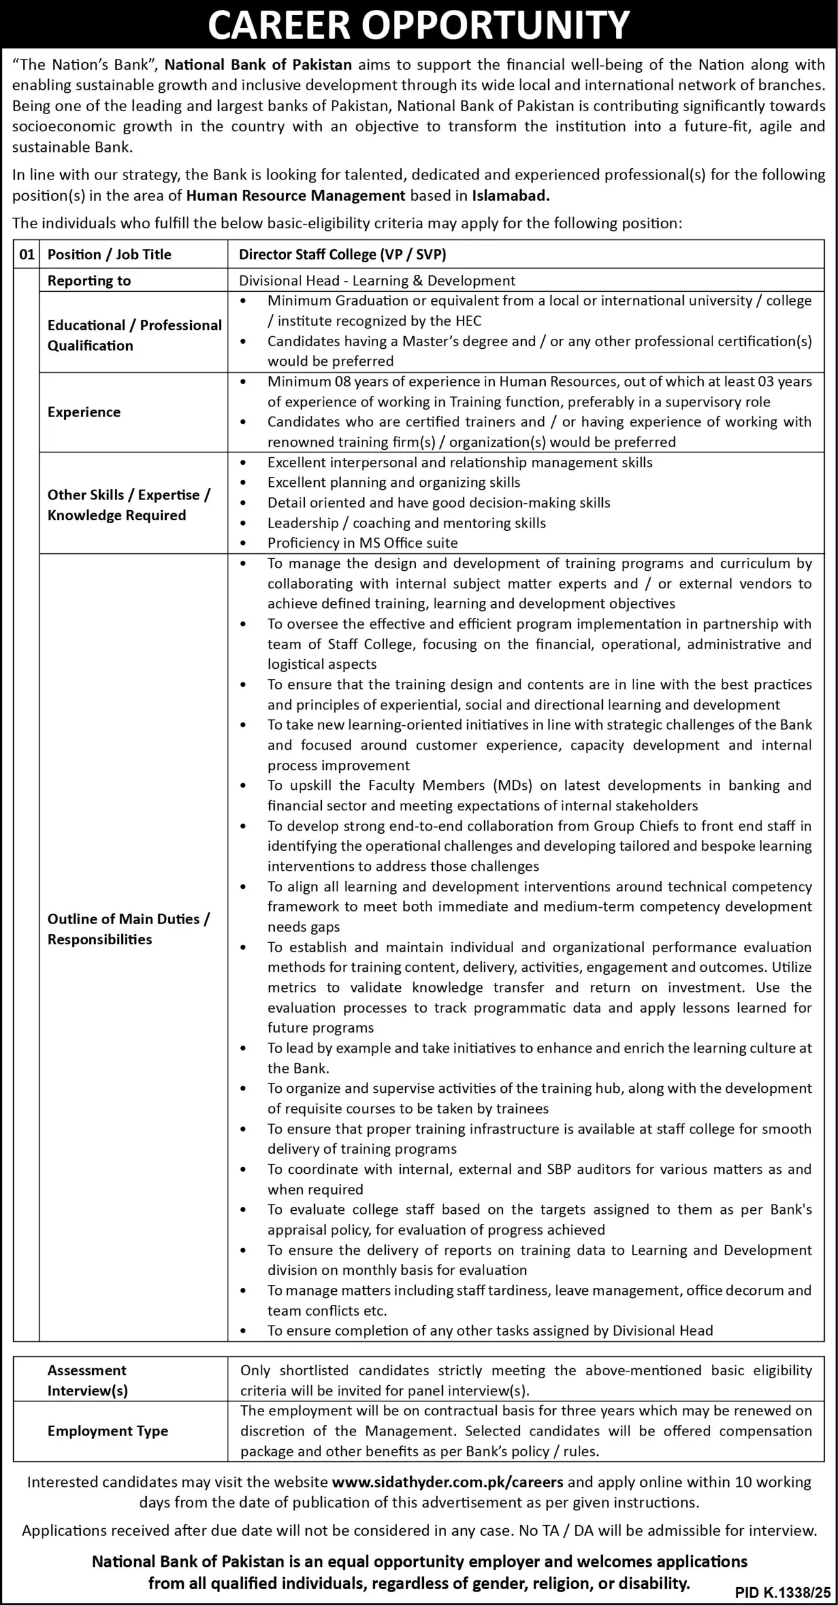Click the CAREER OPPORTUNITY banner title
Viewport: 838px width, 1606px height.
[x=418, y=25]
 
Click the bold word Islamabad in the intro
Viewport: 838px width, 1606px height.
[x=511, y=195]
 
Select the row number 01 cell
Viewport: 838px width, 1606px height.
[x=26, y=254]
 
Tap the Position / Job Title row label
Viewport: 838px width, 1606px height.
[x=109, y=254]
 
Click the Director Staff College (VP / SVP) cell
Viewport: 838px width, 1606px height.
[x=342, y=254]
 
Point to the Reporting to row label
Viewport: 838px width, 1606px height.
[x=89, y=280]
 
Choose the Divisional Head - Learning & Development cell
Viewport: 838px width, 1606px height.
[x=377, y=280]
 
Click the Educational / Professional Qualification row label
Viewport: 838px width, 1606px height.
[x=134, y=335]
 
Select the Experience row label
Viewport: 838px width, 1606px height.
[x=84, y=412]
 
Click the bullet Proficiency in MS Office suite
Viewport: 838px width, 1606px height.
[x=363, y=543]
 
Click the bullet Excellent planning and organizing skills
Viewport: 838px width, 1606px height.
[x=394, y=482]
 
